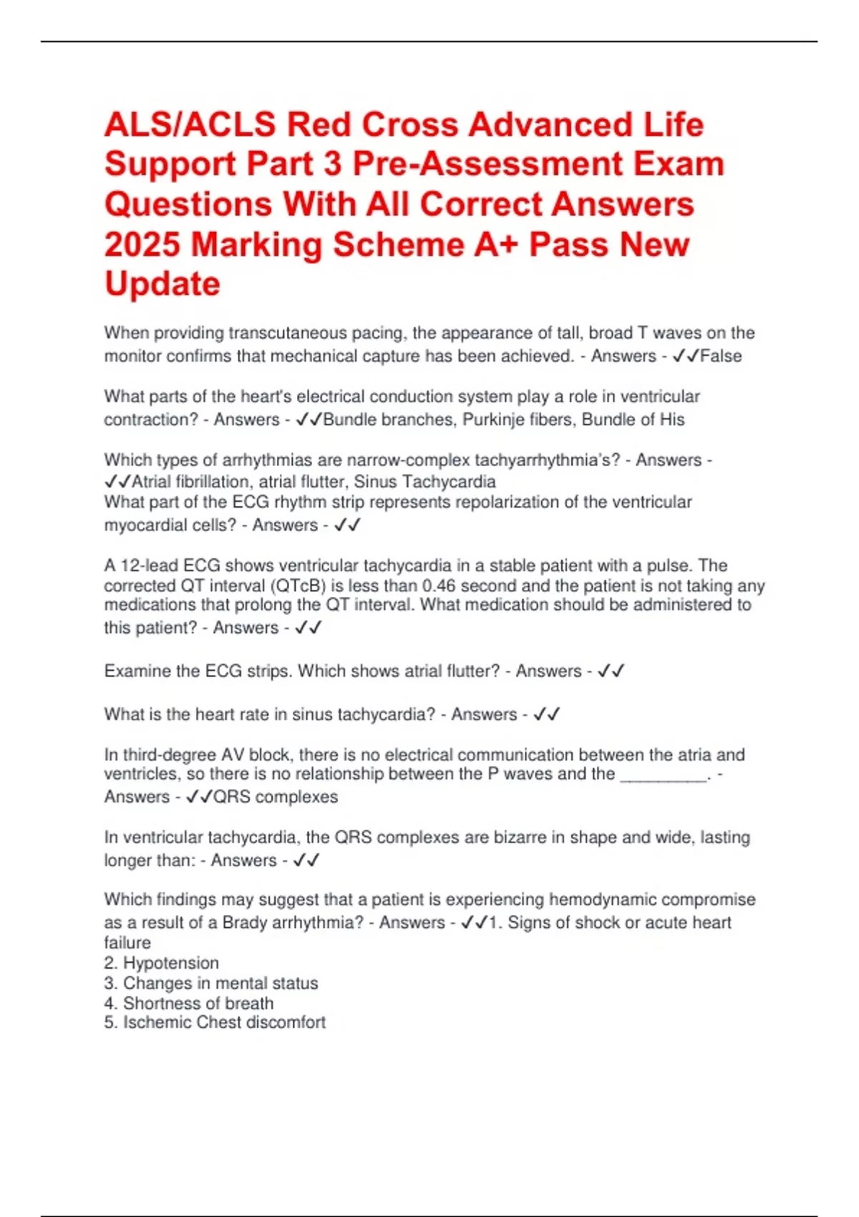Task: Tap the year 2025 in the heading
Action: click(x=142, y=245)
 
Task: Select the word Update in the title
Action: click(x=162, y=284)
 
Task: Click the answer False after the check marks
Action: click(x=721, y=356)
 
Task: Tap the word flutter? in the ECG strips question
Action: click(x=467, y=671)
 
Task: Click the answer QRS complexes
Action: click(x=276, y=797)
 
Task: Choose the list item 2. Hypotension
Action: click(x=162, y=963)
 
